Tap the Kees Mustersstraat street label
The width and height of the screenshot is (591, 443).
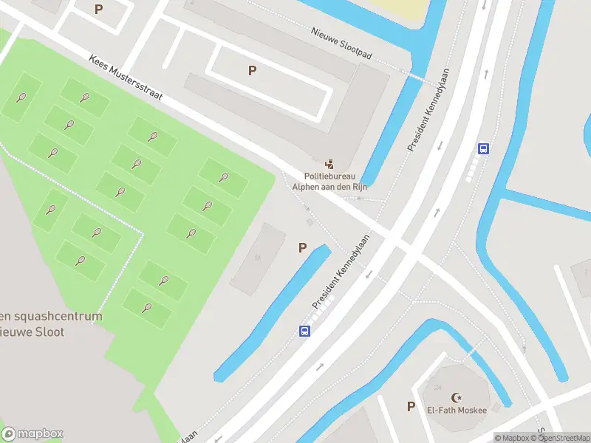[126, 80]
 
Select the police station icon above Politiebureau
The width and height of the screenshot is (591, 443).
[329, 164]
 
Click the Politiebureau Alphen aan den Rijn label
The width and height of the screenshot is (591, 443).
[329, 182]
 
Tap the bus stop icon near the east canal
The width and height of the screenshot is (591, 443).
[483, 148]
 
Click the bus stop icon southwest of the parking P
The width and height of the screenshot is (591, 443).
[304, 331]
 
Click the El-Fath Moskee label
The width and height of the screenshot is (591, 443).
[456, 411]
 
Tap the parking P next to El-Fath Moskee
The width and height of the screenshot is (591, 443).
[411, 406]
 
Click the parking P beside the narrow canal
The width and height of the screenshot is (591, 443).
[302, 248]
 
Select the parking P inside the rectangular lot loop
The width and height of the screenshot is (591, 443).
[252, 70]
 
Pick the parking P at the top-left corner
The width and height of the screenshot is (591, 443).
[99, 10]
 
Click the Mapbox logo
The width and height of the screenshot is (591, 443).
[33, 434]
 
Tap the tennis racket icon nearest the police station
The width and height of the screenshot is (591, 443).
[223, 176]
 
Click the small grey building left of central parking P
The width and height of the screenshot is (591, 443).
[258, 258]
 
